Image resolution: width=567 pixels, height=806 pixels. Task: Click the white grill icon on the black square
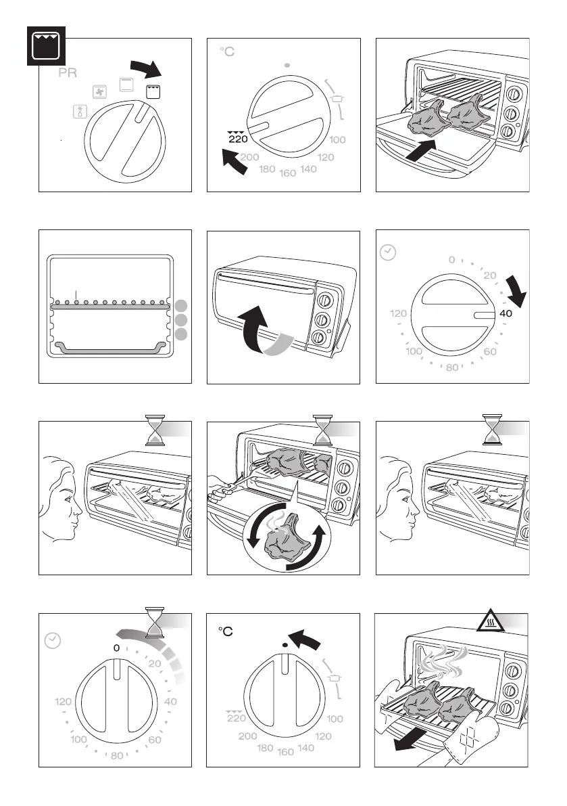45,46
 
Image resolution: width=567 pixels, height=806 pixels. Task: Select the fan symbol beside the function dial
99,91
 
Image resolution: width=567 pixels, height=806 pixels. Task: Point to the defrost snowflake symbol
79,112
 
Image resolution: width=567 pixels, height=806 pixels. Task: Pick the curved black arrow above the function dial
146,68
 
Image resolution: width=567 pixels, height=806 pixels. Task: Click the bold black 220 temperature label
238,139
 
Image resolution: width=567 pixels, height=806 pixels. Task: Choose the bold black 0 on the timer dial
116,648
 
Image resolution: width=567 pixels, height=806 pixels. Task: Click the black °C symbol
226,631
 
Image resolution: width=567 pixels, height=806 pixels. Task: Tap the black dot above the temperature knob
285,646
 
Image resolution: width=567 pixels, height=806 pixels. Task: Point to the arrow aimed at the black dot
305,637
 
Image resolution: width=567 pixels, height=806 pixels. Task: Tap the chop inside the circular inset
284,542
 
